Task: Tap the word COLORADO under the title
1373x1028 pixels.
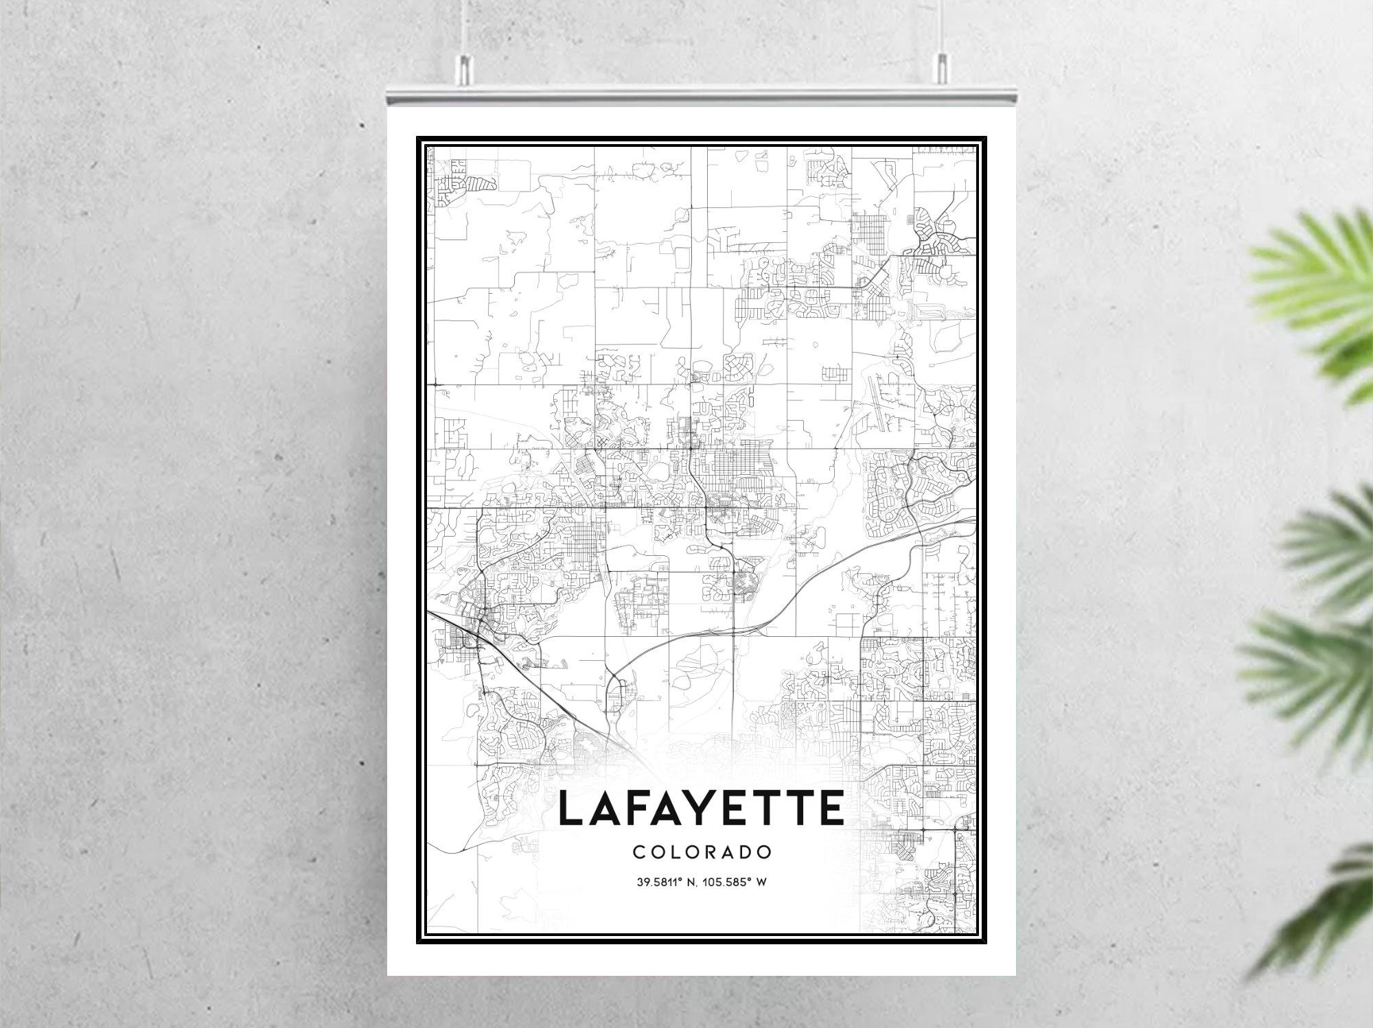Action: (x=702, y=852)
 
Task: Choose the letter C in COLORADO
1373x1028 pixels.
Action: (x=638, y=852)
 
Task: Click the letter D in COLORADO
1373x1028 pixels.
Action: (x=746, y=852)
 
